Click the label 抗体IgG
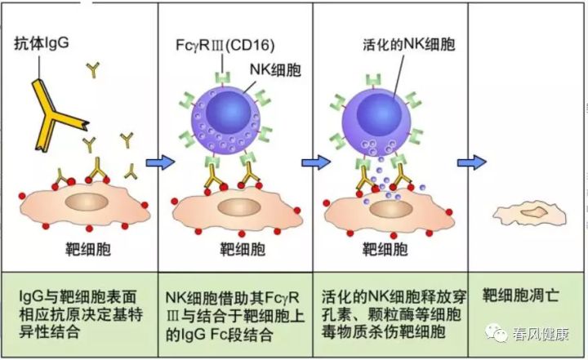42,43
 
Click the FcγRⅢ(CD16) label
225,46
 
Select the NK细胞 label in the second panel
276,69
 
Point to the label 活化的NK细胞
409,44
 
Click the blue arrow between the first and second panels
161,162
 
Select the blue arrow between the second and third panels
316,162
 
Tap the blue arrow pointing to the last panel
472,162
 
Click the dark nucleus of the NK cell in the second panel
228,112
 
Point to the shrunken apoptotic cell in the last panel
529,216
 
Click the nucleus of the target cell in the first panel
87,202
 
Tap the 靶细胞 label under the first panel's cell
88,249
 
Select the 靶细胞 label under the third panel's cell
385,249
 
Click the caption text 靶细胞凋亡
520,296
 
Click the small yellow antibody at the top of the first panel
93,69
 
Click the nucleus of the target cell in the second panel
239,207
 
